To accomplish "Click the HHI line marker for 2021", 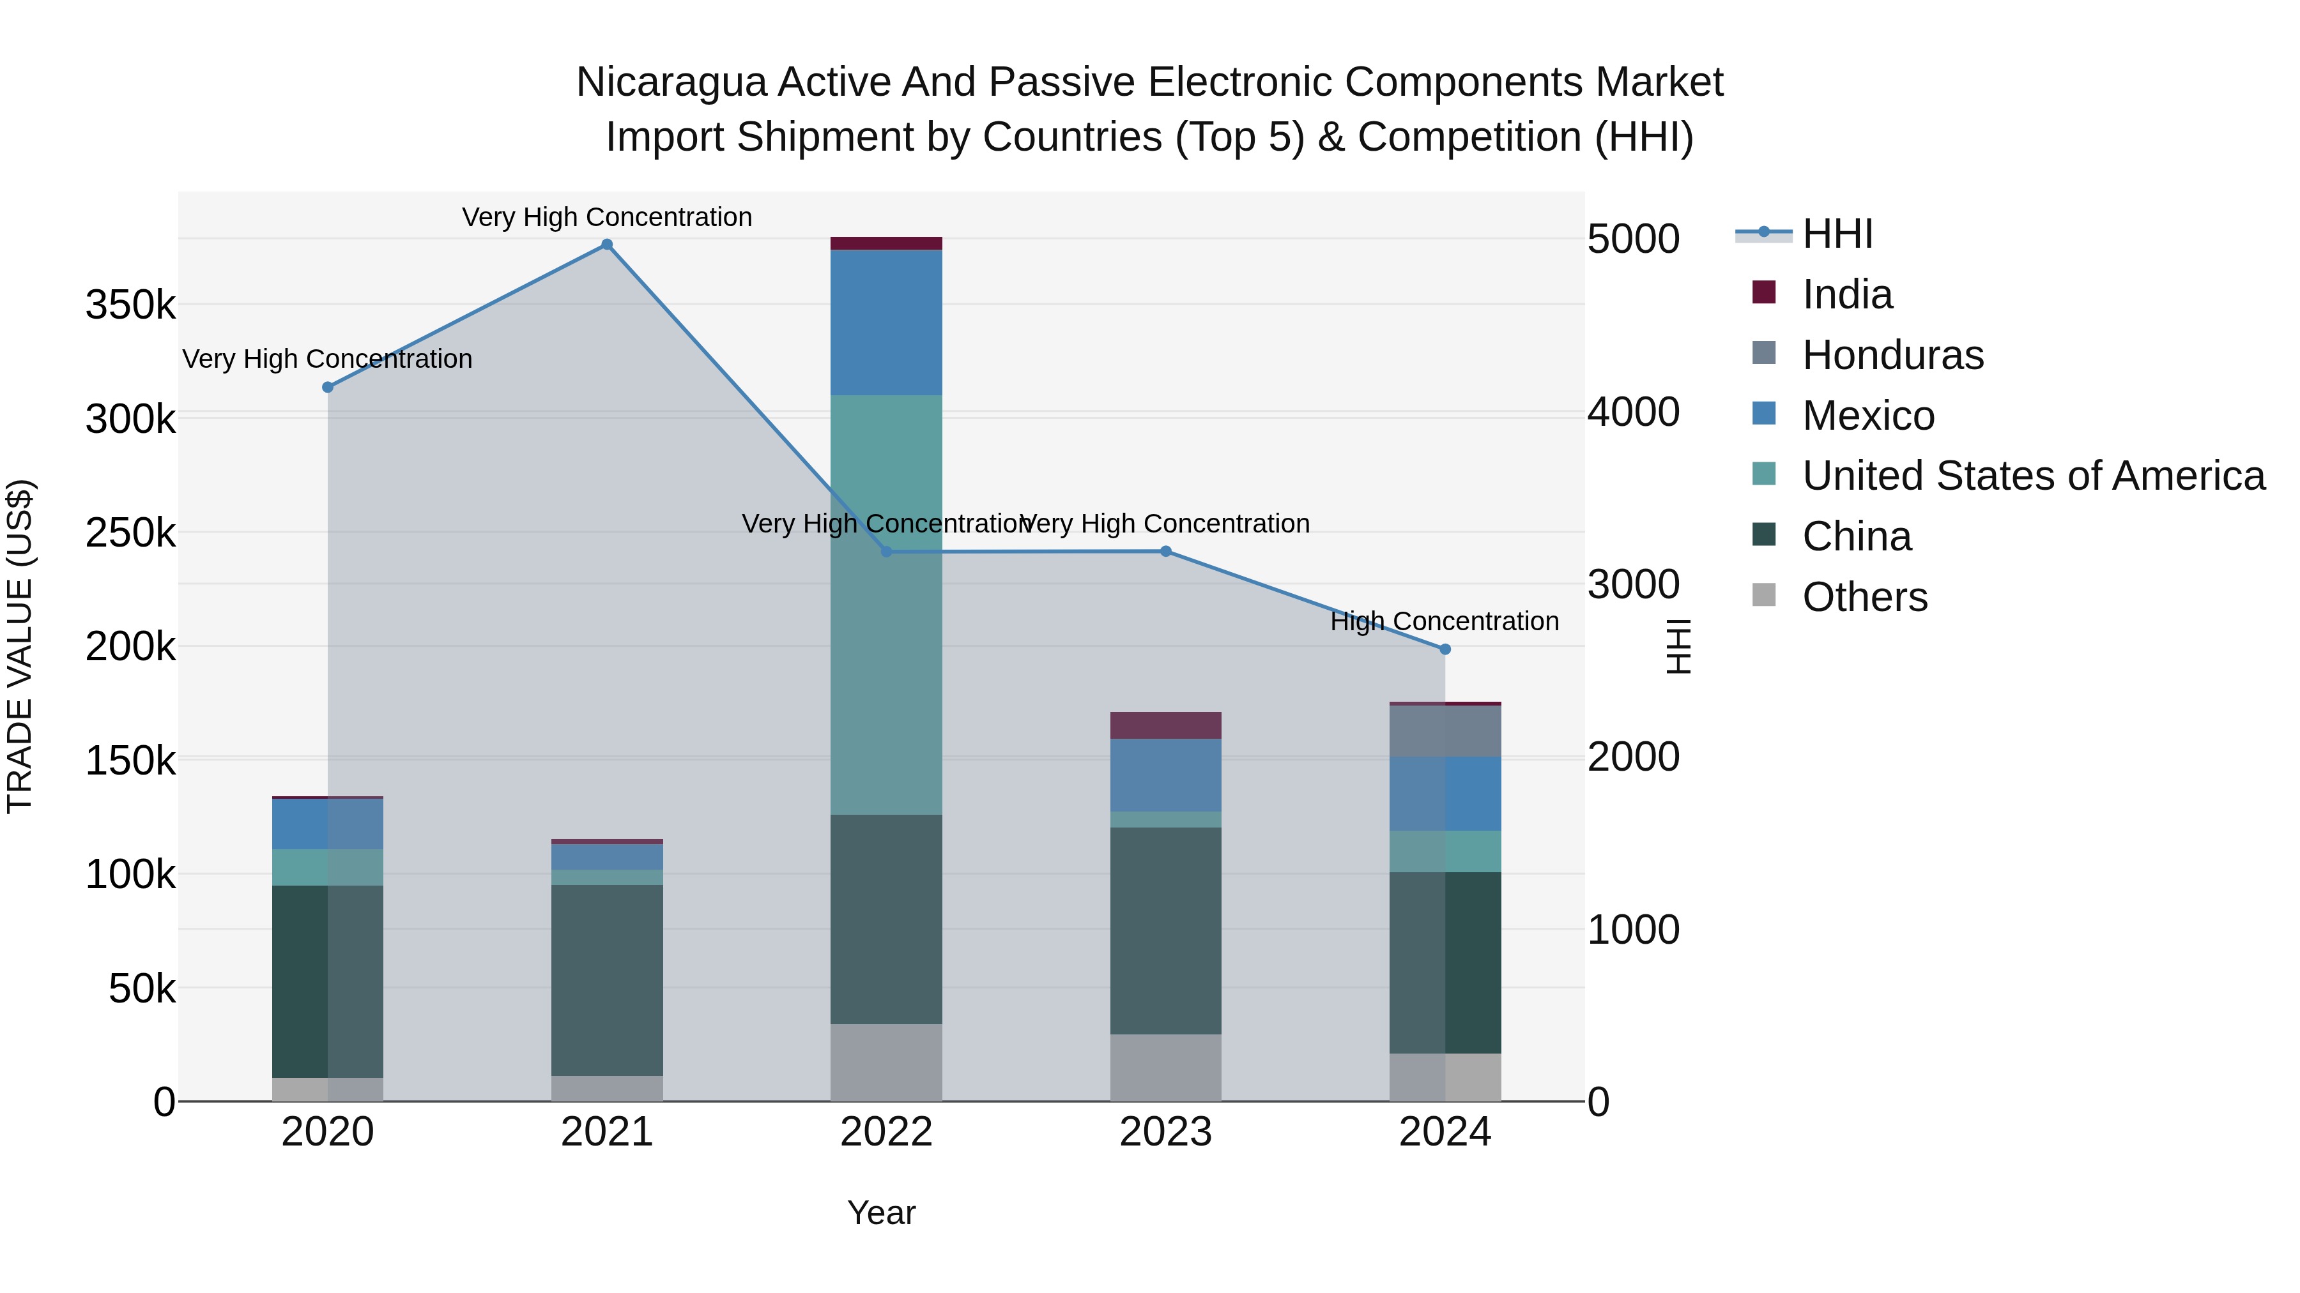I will [x=606, y=245].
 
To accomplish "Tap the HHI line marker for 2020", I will [x=328, y=388].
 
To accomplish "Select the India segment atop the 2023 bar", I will [x=1165, y=725].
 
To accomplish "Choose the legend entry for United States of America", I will [x=2033, y=476].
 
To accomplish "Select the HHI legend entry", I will [x=1837, y=234].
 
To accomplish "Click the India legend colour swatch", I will [x=1763, y=292].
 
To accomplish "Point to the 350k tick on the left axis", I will [x=130, y=305].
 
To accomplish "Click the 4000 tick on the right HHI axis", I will [x=1633, y=412].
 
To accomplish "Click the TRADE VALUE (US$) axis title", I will [x=20, y=646].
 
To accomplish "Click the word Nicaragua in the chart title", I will [x=671, y=82].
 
